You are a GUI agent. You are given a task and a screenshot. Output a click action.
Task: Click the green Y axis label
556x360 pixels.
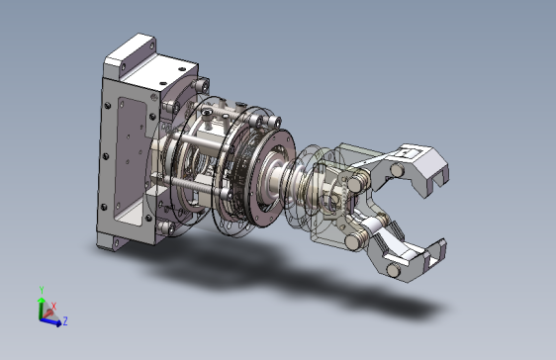pos(42,290)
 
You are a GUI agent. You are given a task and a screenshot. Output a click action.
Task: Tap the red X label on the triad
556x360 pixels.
pos(53,307)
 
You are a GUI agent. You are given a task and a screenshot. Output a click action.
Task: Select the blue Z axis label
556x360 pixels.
pos(65,321)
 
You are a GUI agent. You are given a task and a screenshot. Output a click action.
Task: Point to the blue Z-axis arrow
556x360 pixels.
pos(50,321)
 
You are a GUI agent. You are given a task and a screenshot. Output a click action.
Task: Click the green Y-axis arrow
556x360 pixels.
pos(42,309)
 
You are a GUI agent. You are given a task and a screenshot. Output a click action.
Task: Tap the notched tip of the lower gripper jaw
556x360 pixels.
pos(436,254)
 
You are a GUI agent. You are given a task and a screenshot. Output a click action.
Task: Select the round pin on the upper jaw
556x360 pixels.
pos(397,170)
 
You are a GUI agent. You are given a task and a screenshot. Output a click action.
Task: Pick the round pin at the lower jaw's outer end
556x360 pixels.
pos(394,270)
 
